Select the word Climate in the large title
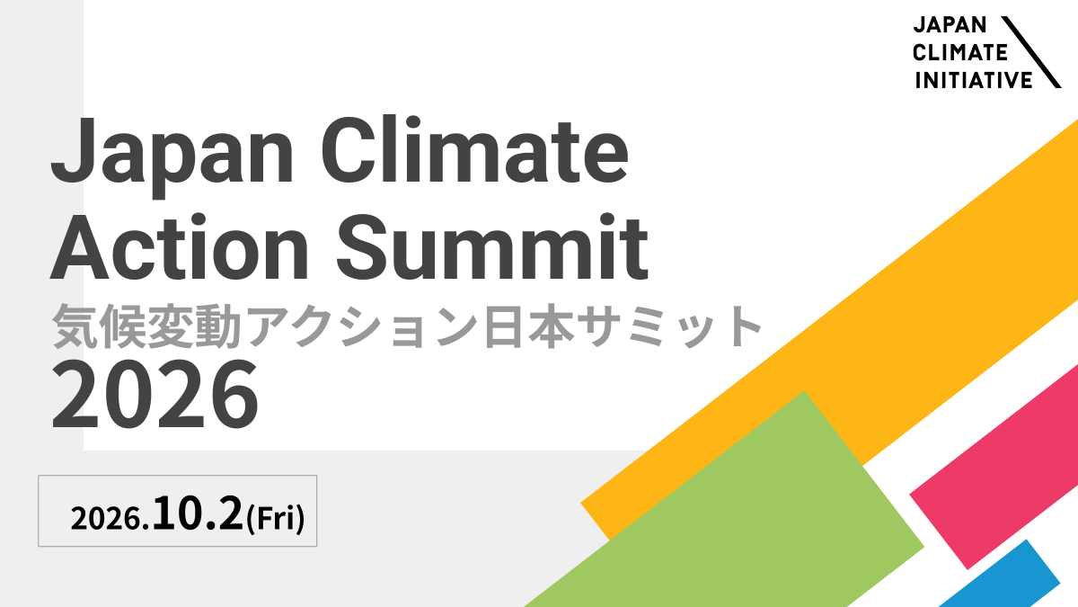coord(475,149)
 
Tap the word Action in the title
coord(179,246)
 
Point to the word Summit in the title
coord(492,246)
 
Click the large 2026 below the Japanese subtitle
coord(155,395)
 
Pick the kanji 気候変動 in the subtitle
coord(146,326)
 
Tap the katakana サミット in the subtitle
coord(670,326)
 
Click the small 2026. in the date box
coord(110,519)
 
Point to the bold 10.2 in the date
coord(198,513)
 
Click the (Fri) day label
coord(275,518)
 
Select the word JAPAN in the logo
coord(950,25)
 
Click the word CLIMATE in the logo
coord(960,52)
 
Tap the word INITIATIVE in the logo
coord(974,80)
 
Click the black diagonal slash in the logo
coord(1031,52)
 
